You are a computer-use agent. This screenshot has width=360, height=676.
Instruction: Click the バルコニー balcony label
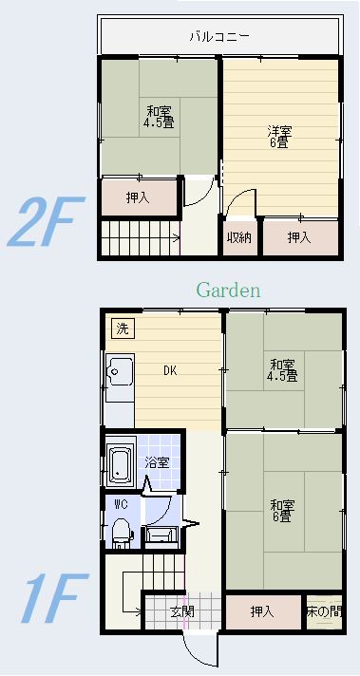[219, 36]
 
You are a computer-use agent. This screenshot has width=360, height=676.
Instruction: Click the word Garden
[229, 291]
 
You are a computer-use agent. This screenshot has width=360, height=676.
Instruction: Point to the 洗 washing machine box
[123, 329]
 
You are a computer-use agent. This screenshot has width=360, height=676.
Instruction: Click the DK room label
[170, 370]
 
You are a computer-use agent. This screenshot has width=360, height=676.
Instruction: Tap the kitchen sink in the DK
[121, 370]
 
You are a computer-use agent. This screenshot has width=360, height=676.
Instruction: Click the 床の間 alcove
[324, 611]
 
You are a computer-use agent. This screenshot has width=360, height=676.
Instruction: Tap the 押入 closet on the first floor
[263, 611]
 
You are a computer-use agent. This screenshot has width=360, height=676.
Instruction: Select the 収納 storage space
[239, 236]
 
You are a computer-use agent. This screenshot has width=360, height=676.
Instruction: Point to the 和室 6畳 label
[282, 511]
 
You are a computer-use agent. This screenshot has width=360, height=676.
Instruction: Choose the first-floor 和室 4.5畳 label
[282, 370]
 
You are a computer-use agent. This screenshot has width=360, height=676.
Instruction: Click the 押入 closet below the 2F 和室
[139, 197]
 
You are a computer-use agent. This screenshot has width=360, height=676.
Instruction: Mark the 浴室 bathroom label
[157, 462]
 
